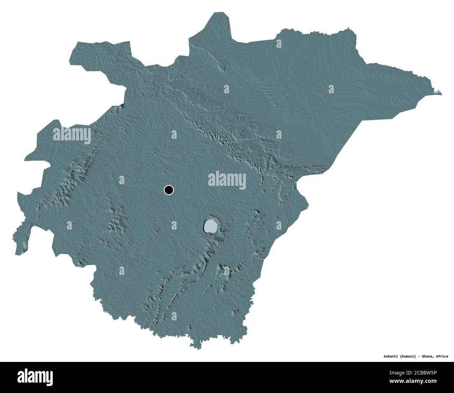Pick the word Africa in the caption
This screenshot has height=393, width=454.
point(442,357)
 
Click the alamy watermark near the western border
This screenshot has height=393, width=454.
point(72,135)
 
